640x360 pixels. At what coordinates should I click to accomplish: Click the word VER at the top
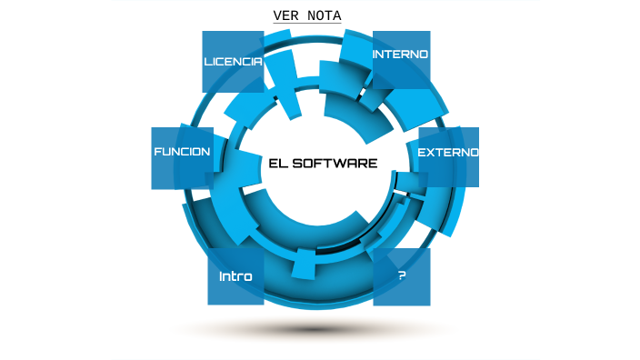point(287,16)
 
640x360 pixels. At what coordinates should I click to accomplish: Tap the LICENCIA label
point(233,62)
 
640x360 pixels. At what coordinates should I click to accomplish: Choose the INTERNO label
point(401,55)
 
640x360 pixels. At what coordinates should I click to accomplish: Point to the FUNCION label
point(182,152)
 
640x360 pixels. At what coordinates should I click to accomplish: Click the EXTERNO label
point(447,152)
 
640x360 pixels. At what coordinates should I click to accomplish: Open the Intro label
point(235,275)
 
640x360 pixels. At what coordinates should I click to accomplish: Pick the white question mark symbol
point(402,275)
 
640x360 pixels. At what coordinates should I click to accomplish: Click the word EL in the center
point(278,164)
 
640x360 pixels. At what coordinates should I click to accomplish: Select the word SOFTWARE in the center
point(335,164)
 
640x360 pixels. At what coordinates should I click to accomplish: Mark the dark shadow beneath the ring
point(314,328)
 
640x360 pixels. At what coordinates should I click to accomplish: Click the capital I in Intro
point(221,275)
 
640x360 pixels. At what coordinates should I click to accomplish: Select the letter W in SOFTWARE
point(340,164)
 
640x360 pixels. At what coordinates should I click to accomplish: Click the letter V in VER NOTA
point(277,16)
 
